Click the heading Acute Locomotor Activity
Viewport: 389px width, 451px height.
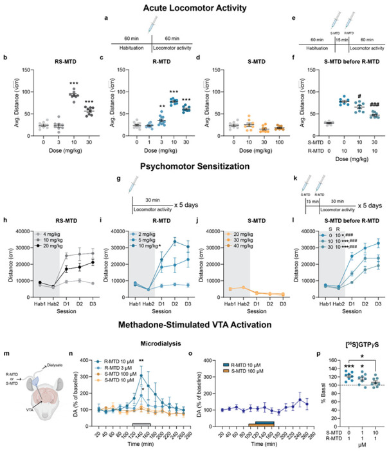click(194, 7)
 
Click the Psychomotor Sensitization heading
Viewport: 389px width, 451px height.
click(194, 166)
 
